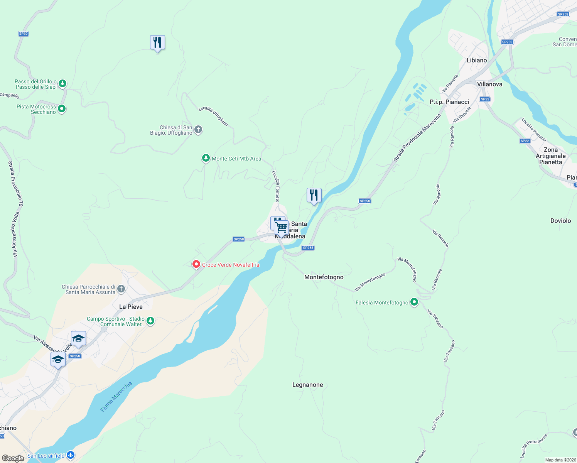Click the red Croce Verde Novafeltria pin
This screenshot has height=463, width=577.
click(196, 264)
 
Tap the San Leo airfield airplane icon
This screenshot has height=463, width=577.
click(70, 455)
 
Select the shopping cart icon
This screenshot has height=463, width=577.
click(282, 227)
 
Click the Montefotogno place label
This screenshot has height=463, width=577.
click(324, 277)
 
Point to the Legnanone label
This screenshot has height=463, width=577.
click(307, 385)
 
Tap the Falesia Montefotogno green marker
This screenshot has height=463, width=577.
click(414, 302)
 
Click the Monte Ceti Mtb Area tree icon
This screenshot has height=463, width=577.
click(206, 158)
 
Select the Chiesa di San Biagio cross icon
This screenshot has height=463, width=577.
click(198, 130)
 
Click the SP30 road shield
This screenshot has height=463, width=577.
click(24, 34)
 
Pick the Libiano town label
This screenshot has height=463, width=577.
click(477, 60)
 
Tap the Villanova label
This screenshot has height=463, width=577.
click(489, 84)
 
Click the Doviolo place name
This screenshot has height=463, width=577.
click(560, 221)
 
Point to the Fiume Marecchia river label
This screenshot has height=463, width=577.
click(116, 397)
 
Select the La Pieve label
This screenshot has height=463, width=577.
click(131, 307)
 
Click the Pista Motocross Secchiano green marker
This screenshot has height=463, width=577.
click(62, 109)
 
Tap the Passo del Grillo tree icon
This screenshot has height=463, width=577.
click(62, 83)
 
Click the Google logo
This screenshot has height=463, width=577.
click(13, 458)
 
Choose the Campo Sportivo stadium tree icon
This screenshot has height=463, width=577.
click(150, 321)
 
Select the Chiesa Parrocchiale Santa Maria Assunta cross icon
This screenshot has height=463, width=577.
click(121, 289)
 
